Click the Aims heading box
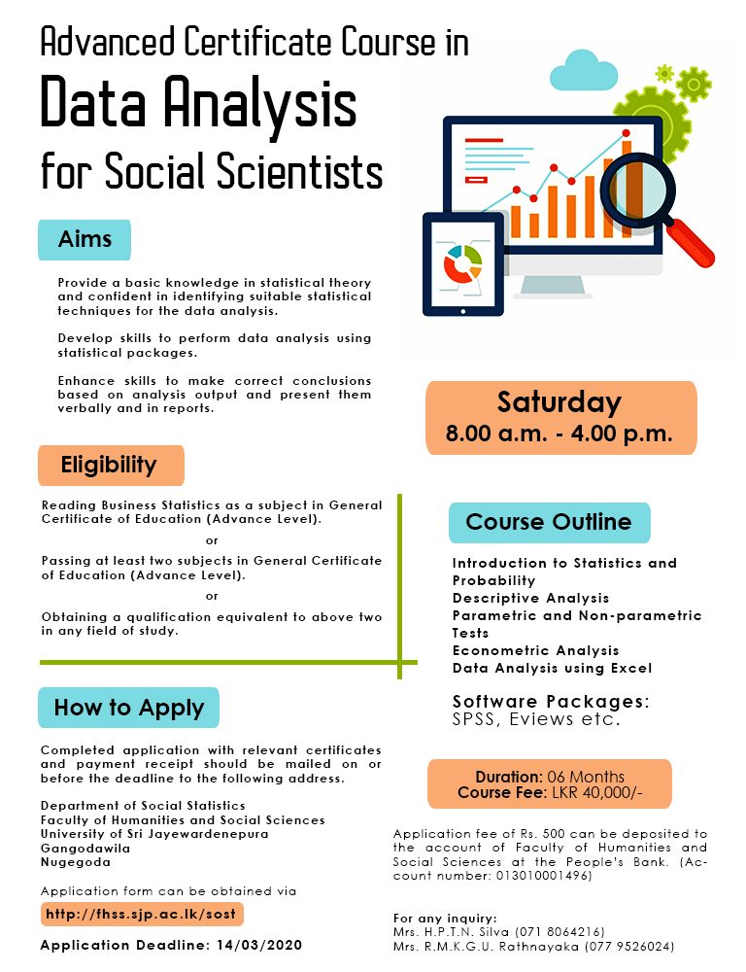click(85, 239)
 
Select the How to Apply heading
click(129, 708)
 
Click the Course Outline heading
click(549, 522)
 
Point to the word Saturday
click(559, 402)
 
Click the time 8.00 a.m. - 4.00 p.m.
click(559, 434)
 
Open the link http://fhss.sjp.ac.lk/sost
click(141, 914)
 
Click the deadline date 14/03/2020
click(259, 945)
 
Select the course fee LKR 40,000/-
click(596, 793)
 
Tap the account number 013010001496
click(543, 876)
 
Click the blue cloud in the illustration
click(585, 71)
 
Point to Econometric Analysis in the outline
click(536, 650)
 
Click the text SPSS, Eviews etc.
click(536, 719)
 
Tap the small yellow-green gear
click(664, 74)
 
